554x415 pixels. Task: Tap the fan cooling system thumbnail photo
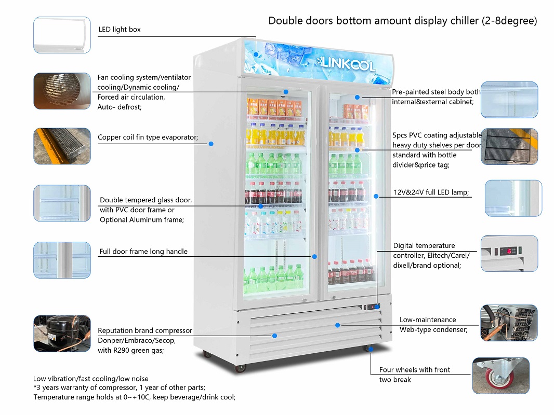coord(62,91)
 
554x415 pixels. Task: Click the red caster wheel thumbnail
coord(500,375)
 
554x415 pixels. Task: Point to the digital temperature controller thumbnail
coord(509,253)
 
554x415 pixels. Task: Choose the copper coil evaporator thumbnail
coord(62,146)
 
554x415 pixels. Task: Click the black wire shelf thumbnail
coord(509,147)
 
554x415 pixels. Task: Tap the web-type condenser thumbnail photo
coord(509,323)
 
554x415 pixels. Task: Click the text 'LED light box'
coord(120,30)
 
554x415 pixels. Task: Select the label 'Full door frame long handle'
coord(143,252)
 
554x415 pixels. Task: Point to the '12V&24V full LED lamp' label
coord(431,192)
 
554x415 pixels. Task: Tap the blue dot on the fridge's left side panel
coord(211,144)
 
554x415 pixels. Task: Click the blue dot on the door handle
coord(314,256)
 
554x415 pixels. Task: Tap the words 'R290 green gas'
coord(136,350)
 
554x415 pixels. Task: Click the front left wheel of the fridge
coord(240,368)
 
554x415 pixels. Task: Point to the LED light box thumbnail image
coord(62,35)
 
